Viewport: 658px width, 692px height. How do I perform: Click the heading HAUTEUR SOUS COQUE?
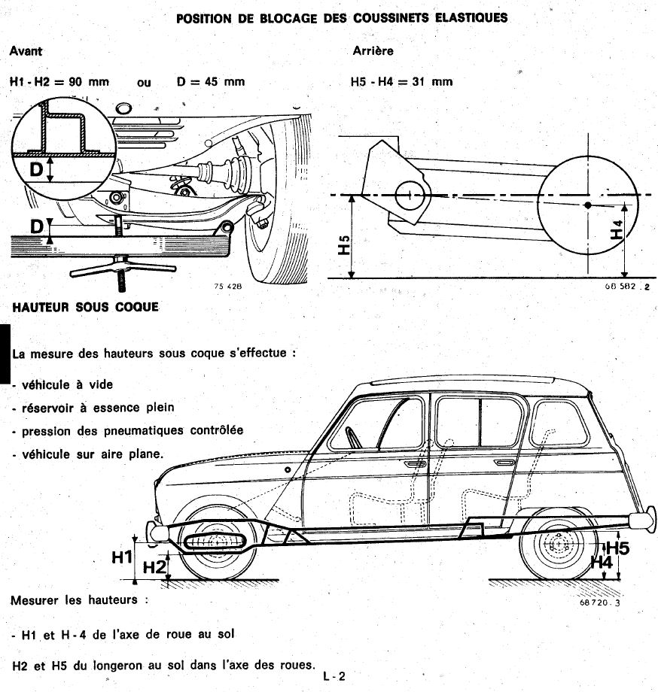click(84, 307)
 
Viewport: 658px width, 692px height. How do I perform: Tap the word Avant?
click(26, 51)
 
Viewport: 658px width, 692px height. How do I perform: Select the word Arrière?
click(373, 51)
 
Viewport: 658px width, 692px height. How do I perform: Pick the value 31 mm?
click(432, 81)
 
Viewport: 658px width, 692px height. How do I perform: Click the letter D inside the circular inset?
click(36, 169)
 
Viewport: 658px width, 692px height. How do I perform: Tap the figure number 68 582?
click(622, 287)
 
